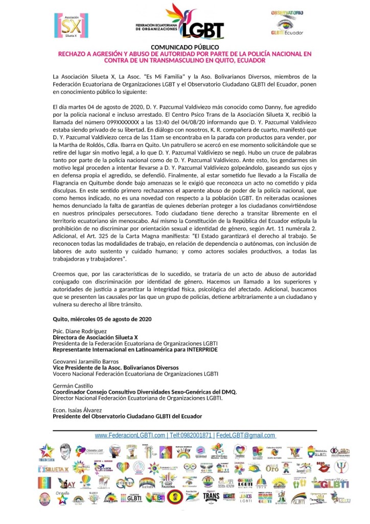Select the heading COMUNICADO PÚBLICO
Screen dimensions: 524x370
coord(184,48)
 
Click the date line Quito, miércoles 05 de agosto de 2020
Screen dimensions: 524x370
coord(102,319)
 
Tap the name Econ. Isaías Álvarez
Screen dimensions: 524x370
coord(78,410)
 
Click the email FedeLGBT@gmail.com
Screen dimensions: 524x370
coord(245,435)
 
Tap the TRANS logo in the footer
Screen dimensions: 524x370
coord(211,496)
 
